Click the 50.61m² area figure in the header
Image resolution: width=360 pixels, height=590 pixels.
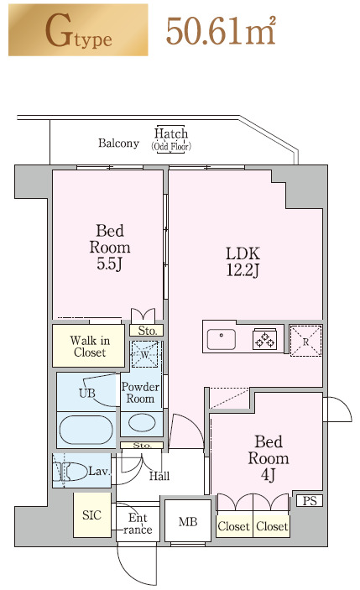[x=221, y=31]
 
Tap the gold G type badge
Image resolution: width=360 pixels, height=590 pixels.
[x=78, y=29]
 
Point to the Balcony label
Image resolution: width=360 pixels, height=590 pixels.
[x=118, y=144]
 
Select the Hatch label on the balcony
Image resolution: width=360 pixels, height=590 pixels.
[x=171, y=133]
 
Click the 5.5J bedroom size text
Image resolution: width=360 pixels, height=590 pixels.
[x=109, y=264]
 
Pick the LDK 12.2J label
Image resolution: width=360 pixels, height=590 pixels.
[x=243, y=262]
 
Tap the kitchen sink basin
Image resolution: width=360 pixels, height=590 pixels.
[x=222, y=339]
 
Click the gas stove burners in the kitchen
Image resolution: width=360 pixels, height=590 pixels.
[x=265, y=339]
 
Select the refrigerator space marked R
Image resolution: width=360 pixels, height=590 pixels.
[x=305, y=341]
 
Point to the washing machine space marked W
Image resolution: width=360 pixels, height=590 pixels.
[x=145, y=354]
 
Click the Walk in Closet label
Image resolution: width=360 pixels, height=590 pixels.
[x=90, y=347]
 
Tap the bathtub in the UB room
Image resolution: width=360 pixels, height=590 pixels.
[x=86, y=430]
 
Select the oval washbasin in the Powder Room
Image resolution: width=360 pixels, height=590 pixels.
[x=142, y=422]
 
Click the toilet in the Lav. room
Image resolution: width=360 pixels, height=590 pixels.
[x=73, y=472]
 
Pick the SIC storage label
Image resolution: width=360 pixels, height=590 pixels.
[x=91, y=515]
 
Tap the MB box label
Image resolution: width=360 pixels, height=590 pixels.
[x=188, y=521]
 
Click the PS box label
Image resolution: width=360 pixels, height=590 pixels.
[x=310, y=501]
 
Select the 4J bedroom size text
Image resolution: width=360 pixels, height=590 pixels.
[x=268, y=475]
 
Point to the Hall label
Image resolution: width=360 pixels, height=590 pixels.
[x=159, y=476]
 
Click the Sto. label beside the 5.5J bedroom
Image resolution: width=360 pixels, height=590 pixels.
[x=147, y=331]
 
